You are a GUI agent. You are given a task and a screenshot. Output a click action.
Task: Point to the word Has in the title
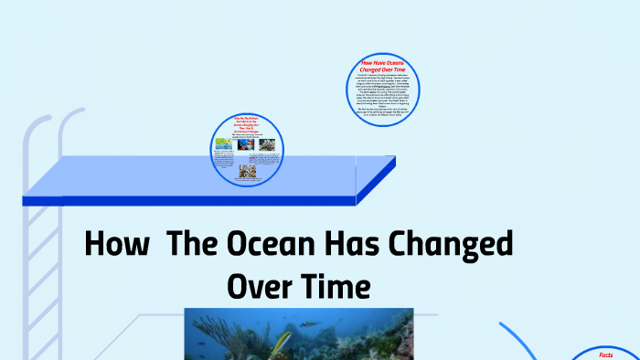[347, 245]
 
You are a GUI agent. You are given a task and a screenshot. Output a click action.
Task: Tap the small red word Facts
[605, 355]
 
